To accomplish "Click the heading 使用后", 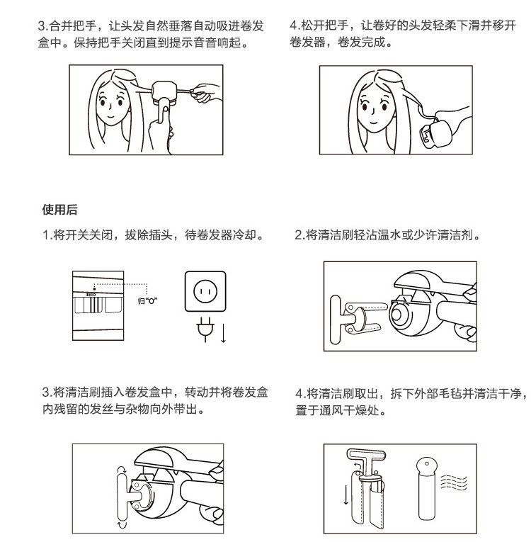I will click(x=60, y=210).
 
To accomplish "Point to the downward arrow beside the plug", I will click(x=224, y=331).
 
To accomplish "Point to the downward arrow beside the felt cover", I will click(x=346, y=492).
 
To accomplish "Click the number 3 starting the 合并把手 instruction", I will click(x=42, y=26).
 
